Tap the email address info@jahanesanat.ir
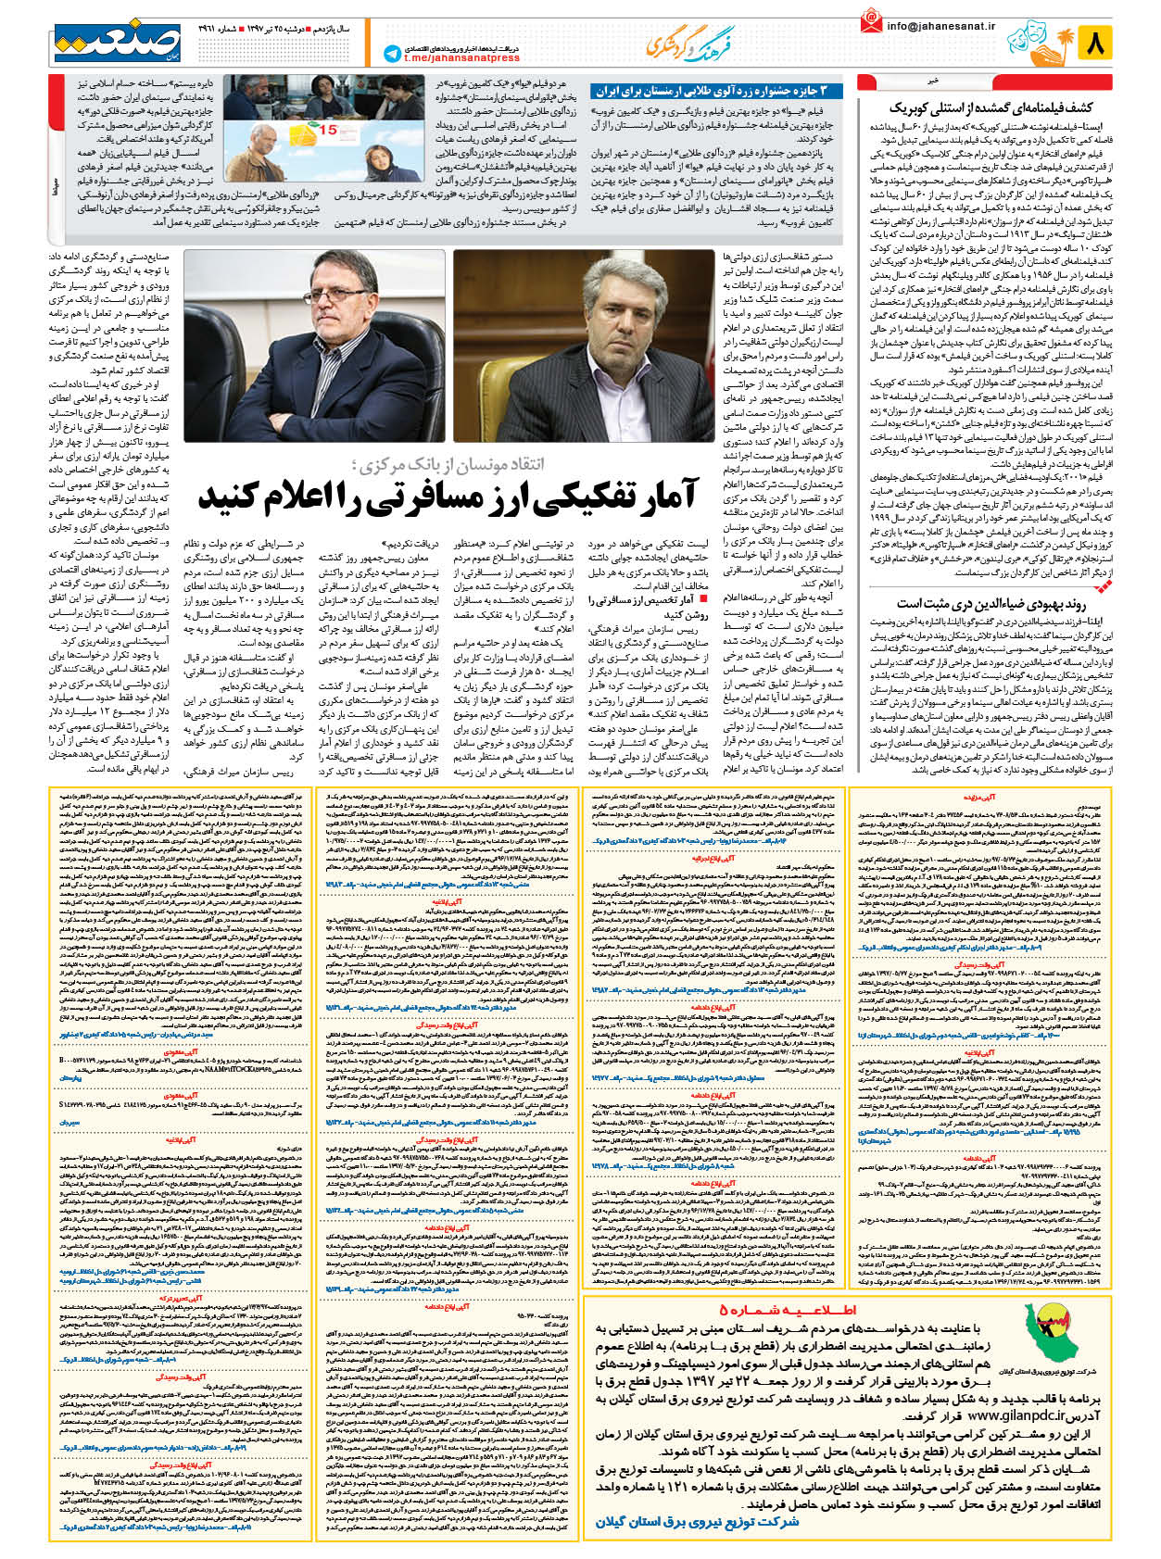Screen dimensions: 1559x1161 pos(940,27)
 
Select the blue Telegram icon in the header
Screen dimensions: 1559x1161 pos(392,55)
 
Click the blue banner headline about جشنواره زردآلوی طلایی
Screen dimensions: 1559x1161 pos(718,91)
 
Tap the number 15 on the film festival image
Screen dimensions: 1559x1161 pos(328,131)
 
